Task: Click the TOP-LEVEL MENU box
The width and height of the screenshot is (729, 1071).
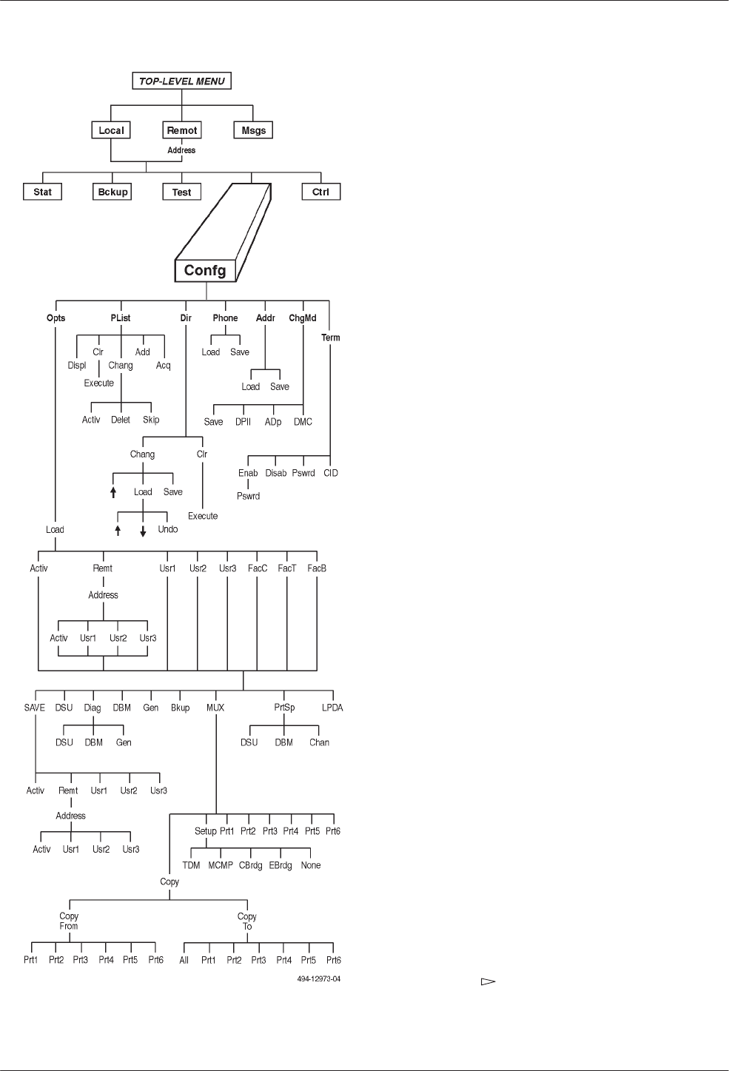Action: click(x=182, y=81)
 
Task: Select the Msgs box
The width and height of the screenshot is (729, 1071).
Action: click(x=254, y=130)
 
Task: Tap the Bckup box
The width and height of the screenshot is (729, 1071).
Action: click(x=113, y=192)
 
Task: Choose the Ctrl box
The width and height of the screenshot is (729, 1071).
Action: click(x=320, y=192)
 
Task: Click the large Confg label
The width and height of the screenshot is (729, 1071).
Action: click(x=205, y=270)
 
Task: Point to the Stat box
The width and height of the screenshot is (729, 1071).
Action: click(x=43, y=192)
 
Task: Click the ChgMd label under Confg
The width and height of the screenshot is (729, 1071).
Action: click(x=303, y=318)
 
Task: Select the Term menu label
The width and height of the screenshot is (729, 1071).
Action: click(x=331, y=338)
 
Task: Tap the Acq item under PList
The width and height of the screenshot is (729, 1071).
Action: click(x=164, y=365)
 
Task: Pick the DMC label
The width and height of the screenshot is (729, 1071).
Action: click(x=303, y=422)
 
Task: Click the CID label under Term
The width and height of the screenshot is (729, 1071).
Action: click(x=331, y=473)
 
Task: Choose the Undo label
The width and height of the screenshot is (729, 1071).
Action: click(x=168, y=529)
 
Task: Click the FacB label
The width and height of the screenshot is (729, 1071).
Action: click(x=317, y=568)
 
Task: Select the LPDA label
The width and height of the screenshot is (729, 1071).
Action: click(x=332, y=708)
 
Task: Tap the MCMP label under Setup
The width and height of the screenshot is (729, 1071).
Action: click(x=221, y=865)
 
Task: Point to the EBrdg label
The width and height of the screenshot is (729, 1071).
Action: click(x=280, y=865)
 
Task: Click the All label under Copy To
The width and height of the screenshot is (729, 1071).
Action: click(x=184, y=960)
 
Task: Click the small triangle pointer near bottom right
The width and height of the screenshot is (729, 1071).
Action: click(x=487, y=982)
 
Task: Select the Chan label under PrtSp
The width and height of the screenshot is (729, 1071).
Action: click(x=319, y=742)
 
